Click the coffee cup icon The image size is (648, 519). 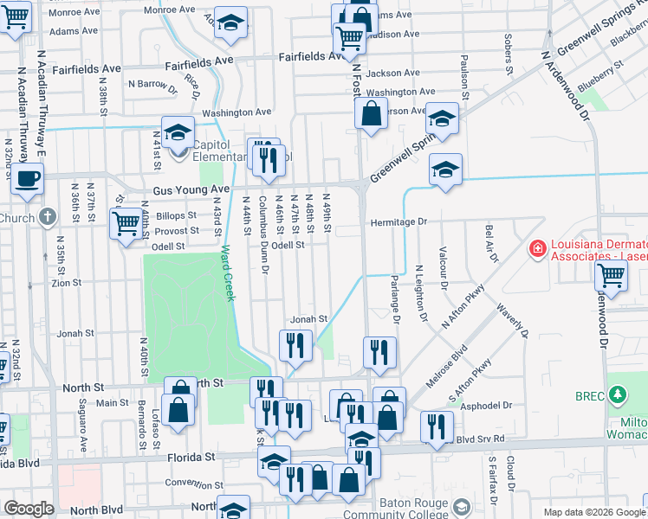pos(26,179)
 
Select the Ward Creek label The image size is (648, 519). pos(227,272)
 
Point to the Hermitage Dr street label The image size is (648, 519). pos(399,222)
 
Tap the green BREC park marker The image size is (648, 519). pos(617,395)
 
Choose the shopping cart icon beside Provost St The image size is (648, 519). pos(126,224)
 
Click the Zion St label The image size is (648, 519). pos(67,283)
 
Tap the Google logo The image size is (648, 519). pos(29,509)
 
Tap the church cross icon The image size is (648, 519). pos(49,216)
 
